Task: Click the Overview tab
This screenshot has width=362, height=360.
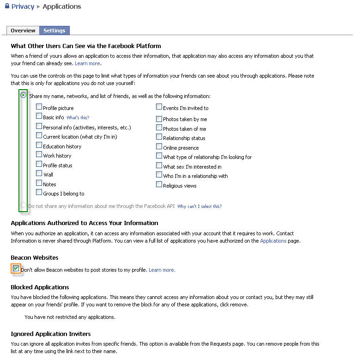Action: pos(23,31)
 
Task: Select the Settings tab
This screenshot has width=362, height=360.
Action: pos(54,31)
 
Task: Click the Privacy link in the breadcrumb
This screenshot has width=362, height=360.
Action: pos(23,6)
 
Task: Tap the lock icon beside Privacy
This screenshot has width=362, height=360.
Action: pos(7,6)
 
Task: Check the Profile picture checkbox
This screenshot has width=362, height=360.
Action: pos(39,107)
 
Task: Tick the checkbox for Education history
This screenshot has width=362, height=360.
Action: pos(39,146)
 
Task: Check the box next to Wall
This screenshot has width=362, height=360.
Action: pos(39,174)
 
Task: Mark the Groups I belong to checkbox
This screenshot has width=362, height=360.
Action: pos(39,193)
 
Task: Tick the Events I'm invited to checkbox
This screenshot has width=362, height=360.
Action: pos(159,107)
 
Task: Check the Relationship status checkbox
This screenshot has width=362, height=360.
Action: pos(159,137)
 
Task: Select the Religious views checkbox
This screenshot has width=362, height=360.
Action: pos(159,185)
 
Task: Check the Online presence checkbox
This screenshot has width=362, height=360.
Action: pos(159,147)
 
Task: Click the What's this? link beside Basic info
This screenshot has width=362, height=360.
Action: pos(78,118)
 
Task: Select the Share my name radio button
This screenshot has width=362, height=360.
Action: pos(23,95)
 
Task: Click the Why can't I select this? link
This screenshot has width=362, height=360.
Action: pos(199,207)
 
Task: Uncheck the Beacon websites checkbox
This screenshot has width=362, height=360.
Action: pos(16,268)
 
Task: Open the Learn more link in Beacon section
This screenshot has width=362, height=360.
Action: pos(162,270)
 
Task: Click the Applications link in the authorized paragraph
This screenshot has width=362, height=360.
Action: pos(273,241)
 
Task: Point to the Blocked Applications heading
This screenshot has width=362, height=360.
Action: pos(40,287)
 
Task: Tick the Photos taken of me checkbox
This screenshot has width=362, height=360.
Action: pos(159,128)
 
